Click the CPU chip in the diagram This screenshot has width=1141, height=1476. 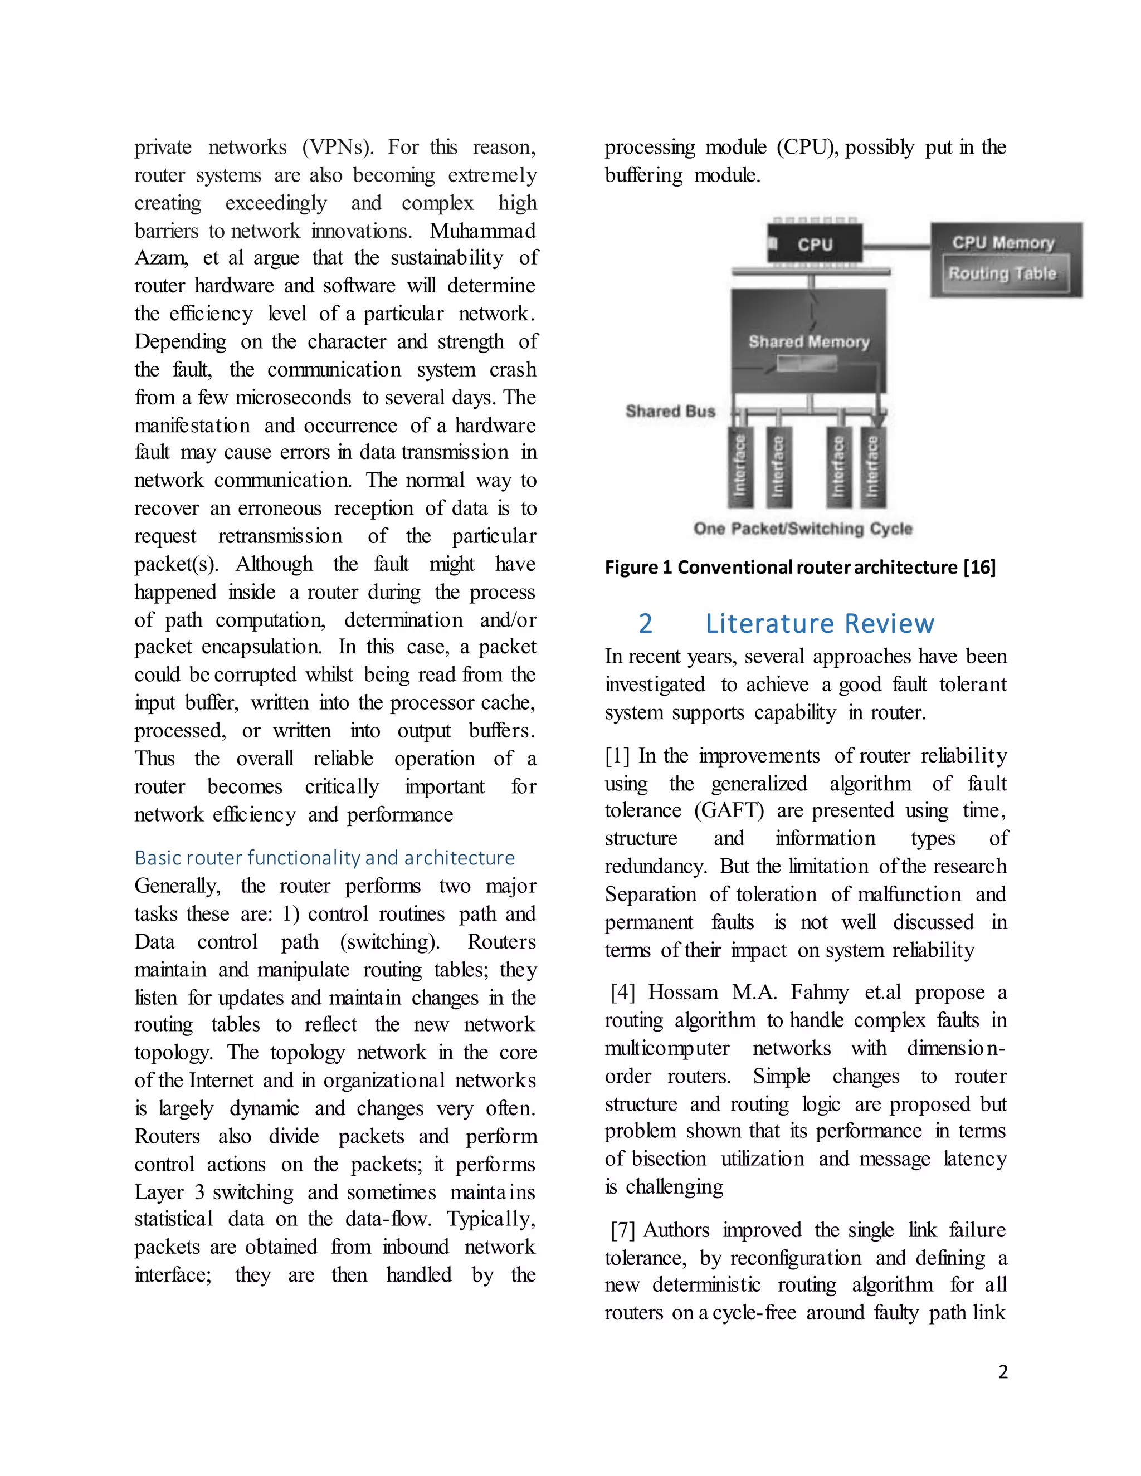[815, 244]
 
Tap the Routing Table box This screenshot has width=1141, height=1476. [1002, 273]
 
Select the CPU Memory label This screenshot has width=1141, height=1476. [1003, 243]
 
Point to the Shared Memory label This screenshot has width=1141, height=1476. [808, 341]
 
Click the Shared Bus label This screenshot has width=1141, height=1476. [670, 411]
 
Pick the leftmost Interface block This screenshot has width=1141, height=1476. [740, 466]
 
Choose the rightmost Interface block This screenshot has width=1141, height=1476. [872, 466]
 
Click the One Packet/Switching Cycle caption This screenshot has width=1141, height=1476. [802, 529]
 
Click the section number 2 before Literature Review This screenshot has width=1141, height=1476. [646, 623]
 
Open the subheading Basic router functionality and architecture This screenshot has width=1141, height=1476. [324, 858]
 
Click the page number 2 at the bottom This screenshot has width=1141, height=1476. [1002, 1371]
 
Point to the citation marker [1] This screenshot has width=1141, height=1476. [618, 756]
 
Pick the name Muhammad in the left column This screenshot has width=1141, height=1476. [482, 231]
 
